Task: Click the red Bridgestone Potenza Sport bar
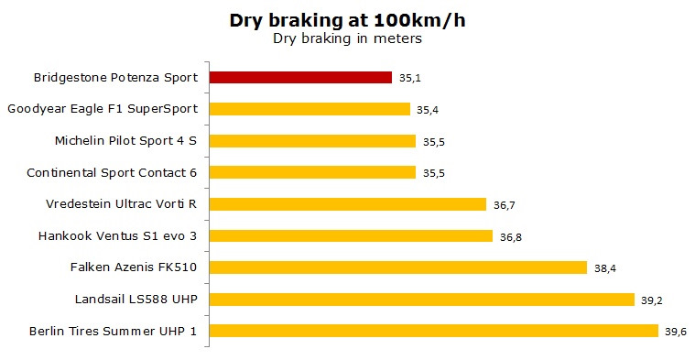(x=300, y=78)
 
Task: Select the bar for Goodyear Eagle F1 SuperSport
(x=309, y=109)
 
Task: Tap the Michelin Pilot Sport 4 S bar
(x=312, y=141)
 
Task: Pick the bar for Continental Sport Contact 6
(x=312, y=172)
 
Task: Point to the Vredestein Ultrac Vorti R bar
(x=348, y=204)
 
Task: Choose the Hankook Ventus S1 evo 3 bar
(x=351, y=235)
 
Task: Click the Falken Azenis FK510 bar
(x=398, y=267)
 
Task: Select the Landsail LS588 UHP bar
(x=422, y=300)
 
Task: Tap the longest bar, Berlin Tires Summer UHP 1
(x=434, y=331)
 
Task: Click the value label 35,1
(x=410, y=78)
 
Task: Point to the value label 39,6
(x=676, y=332)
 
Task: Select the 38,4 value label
(x=605, y=268)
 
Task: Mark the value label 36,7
(x=505, y=205)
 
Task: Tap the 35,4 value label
(x=428, y=110)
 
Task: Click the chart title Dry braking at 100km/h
(x=348, y=20)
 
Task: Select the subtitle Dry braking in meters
(x=348, y=38)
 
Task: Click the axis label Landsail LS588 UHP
(x=136, y=300)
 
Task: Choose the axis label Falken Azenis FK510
(x=134, y=267)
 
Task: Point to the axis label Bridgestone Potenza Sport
(x=115, y=78)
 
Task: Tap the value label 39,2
(x=652, y=300)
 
